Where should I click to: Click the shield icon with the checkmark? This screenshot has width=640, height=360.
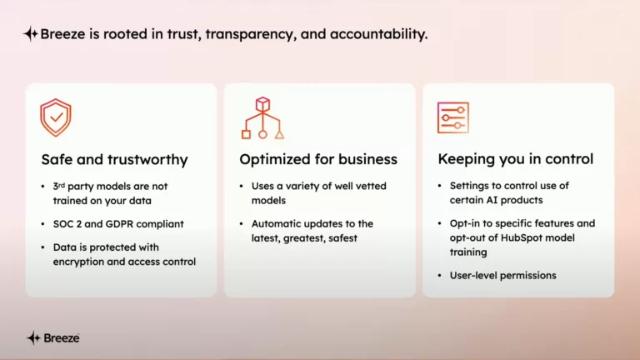pos(56,117)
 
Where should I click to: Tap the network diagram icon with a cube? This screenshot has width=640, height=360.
pos(262,118)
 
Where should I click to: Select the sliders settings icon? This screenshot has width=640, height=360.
pos(453,117)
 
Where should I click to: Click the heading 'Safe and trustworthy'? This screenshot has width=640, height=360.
pos(114,160)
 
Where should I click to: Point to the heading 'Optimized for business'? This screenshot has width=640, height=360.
pos(318,159)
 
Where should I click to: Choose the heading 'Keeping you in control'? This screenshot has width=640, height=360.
pos(516,159)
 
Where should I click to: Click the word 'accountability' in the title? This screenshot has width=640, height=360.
pos(378,34)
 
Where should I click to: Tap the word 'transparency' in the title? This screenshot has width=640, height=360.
pos(251,35)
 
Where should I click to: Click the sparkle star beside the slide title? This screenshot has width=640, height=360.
pos(31,34)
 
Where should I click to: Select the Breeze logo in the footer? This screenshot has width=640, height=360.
pos(53,338)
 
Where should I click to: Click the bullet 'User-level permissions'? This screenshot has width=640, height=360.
pos(502,276)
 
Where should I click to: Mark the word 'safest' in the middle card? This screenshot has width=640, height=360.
pos(345,238)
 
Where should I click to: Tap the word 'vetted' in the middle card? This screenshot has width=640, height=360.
pos(372,186)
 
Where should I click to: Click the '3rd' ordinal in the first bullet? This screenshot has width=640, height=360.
pos(59,187)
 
